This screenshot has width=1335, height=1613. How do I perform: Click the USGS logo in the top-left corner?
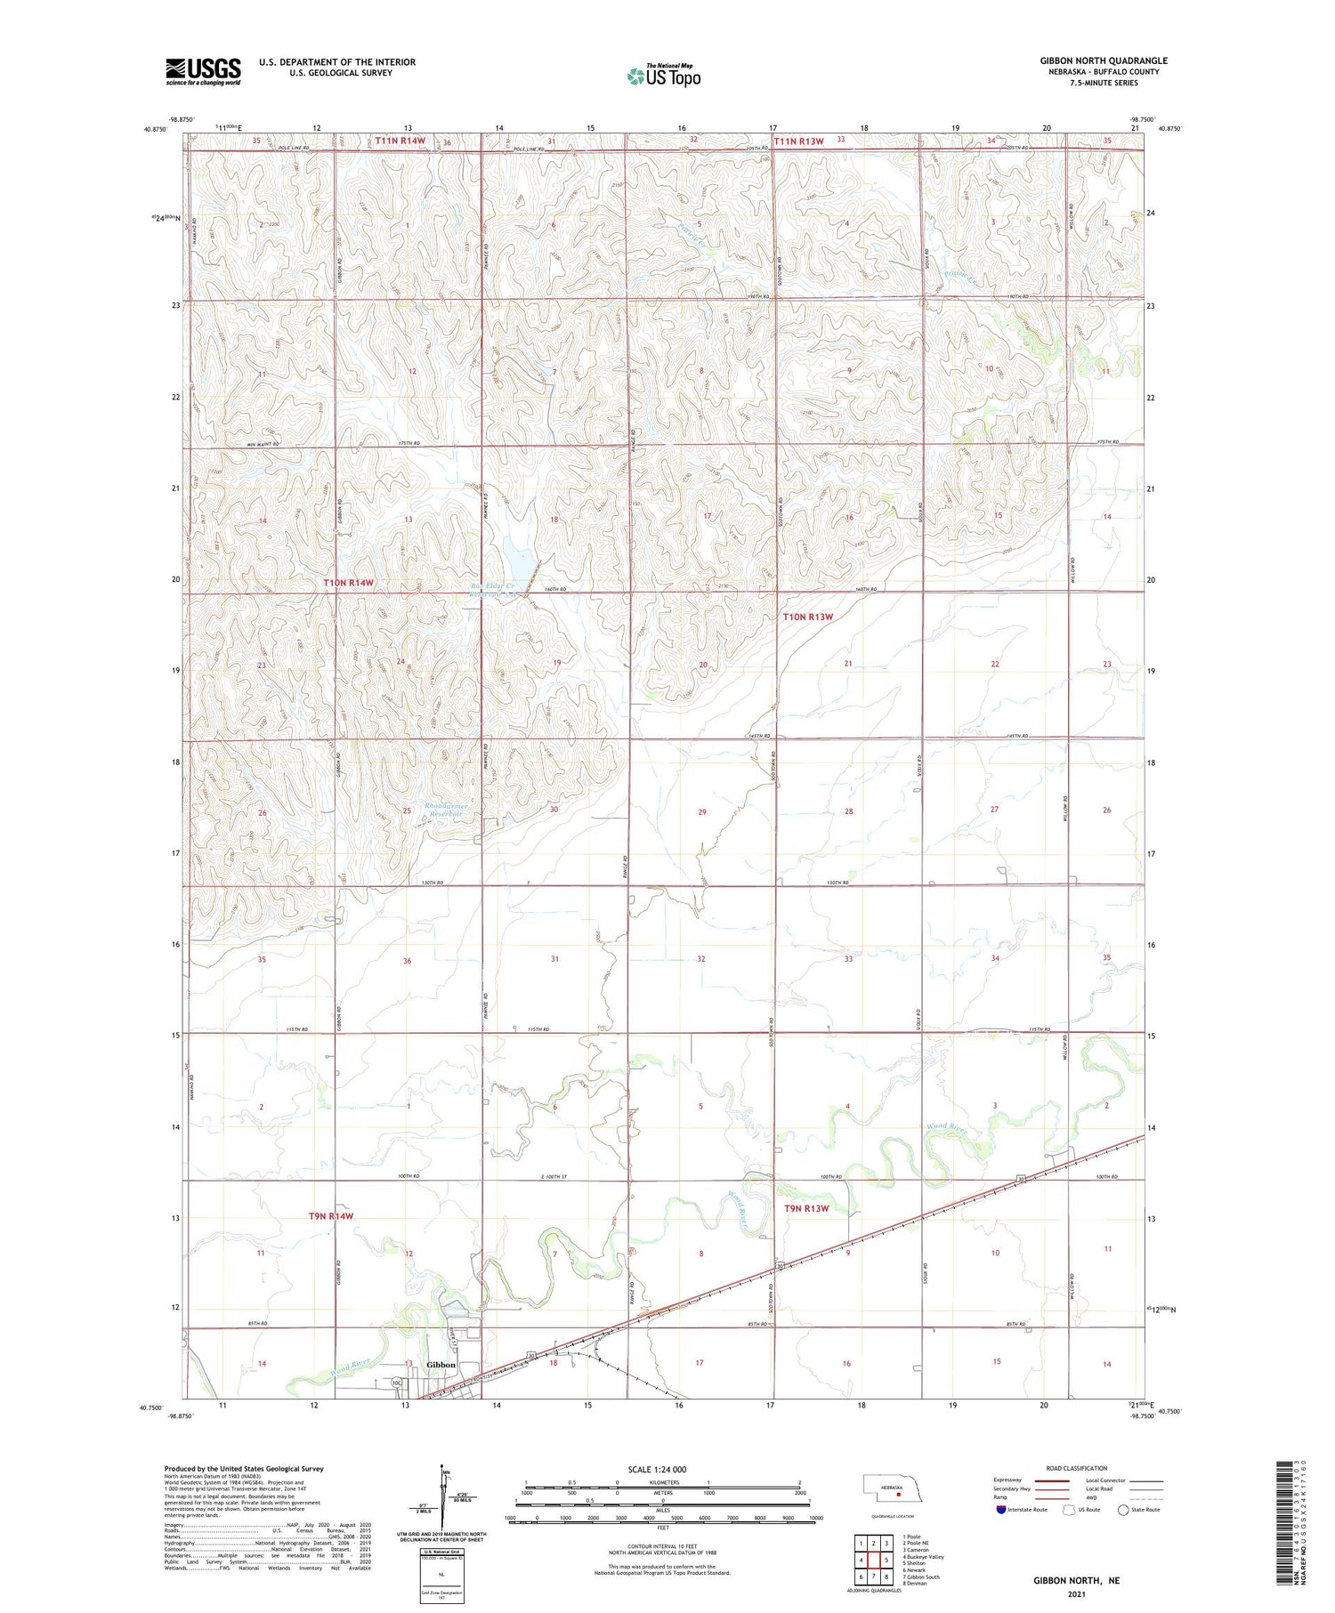coord(203,71)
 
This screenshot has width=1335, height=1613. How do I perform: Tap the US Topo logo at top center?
coord(664,76)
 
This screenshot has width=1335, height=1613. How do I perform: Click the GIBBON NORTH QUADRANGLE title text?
coord(1104,60)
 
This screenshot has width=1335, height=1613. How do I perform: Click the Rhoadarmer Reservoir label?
coord(448,810)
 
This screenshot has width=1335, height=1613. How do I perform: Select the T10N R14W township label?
coord(349,583)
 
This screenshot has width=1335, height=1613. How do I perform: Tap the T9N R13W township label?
coord(806,1208)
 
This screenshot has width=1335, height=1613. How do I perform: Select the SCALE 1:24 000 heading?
coord(657,1470)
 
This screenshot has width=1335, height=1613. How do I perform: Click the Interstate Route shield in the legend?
coord(1000,1510)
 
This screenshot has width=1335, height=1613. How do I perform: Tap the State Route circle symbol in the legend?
coord(1123,1510)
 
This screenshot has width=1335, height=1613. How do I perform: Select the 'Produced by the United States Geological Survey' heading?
coord(243,1469)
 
